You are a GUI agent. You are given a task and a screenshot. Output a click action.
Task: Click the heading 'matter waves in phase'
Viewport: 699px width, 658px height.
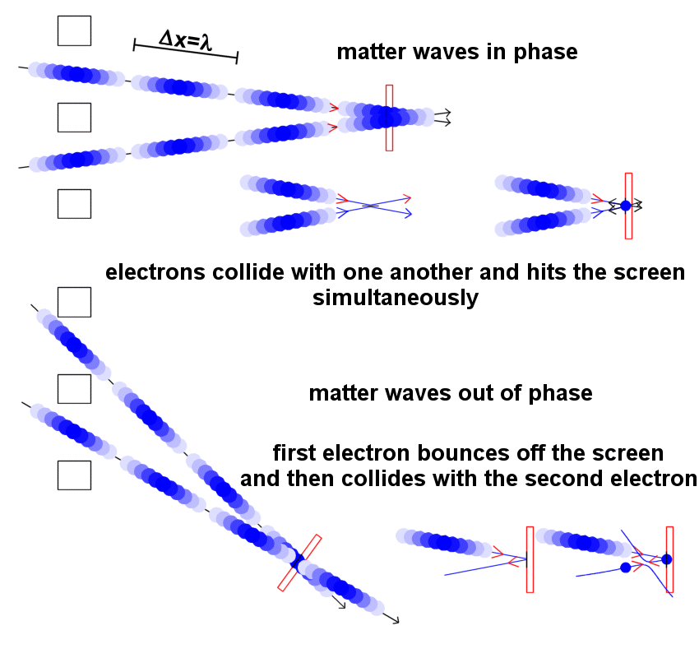click(x=456, y=53)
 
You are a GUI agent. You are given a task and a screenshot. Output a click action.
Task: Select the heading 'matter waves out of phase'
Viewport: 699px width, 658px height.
click(x=450, y=393)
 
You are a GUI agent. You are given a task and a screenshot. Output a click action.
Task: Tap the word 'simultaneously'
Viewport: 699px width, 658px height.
click(x=395, y=298)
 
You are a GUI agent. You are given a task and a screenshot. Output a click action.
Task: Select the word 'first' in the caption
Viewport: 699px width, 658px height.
click(x=299, y=453)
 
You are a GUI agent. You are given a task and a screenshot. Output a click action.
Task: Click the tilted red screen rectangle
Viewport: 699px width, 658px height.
click(x=299, y=563)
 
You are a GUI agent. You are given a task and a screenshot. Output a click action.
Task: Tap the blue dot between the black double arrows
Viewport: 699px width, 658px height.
click(x=626, y=205)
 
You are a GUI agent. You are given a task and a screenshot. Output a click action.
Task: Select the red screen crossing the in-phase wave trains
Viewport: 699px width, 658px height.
click(x=389, y=118)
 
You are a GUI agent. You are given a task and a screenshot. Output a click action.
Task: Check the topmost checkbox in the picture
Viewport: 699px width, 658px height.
click(x=74, y=30)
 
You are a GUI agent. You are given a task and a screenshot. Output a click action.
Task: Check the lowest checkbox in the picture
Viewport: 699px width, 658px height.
click(x=74, y=475)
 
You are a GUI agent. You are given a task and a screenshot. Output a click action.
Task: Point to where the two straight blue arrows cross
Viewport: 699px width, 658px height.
click(x=373, y=205)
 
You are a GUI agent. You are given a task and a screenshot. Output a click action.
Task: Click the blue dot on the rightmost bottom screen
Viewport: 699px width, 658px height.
click(x=666, y=559)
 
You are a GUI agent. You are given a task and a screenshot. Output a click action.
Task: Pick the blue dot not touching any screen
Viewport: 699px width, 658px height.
click(x=626, y=568)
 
